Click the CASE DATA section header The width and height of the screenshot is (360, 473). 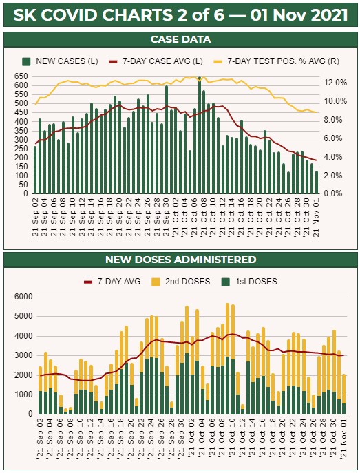[x=180, y=39]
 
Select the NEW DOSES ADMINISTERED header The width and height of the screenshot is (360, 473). [x=180, y=260]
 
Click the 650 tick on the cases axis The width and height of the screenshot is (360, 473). [x=21, y=76]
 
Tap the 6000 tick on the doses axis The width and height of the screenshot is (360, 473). [x=23, y=297]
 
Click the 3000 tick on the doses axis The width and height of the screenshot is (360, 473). [x=23, y=355]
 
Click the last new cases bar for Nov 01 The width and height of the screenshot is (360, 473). [x=317, y=182]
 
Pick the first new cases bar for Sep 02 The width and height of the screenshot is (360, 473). [x=35, y=169]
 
